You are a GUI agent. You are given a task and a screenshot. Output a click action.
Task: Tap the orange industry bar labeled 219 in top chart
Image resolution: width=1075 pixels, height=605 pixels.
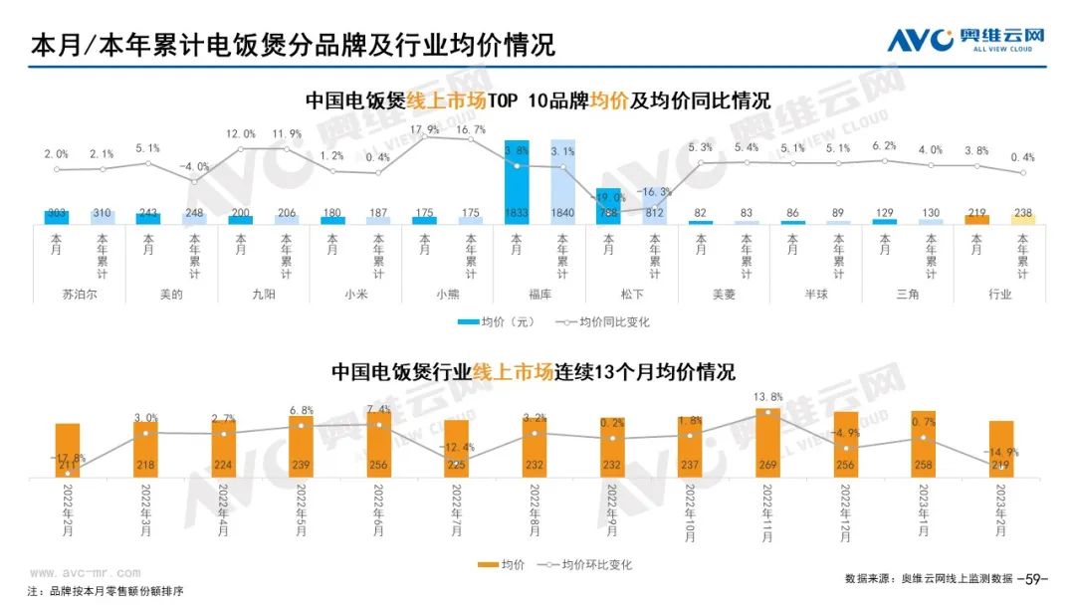pyautogui.click(x=976, y=218)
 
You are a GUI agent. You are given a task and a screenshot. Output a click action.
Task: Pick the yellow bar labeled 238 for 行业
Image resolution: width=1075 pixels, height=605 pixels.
pyautogui.click(x=1023, y=218)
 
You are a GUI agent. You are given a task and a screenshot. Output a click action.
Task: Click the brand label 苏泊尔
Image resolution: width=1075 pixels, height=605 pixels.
pyautogui.click(x=80, y=295)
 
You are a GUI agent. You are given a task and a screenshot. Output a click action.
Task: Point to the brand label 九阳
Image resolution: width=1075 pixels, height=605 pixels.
pyautogui.click(x=263, y=295)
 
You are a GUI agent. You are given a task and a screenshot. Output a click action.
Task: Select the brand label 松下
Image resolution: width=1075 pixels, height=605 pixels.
pyautogui.click(x=631, y=295)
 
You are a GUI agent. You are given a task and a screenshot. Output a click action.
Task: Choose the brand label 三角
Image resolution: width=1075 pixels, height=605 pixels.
pyautogui.click(x=907, y=295)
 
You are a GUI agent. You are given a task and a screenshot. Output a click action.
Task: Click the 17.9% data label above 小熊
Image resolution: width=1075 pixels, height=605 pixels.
pyautogui.click(x=424, y=130)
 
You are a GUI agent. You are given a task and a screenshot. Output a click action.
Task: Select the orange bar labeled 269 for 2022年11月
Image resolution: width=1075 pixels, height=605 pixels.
pyautogui.click(x=767, y=443)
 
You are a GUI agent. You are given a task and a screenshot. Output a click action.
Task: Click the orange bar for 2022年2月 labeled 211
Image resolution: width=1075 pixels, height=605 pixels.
pyautogui.click(x=67, y=451)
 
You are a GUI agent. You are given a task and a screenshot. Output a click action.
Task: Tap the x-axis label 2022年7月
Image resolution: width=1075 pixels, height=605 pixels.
pyautogui.click(x=457, y=512)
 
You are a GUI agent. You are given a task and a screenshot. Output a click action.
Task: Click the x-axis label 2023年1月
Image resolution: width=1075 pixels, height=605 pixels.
pyautogui.click(x=924, y=512)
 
